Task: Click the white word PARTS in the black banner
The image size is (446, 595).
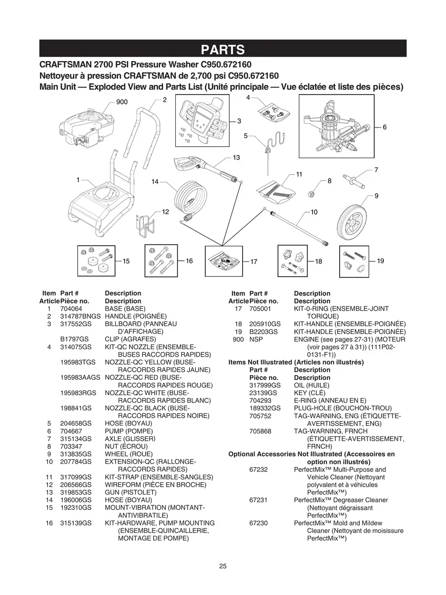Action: point(223,50)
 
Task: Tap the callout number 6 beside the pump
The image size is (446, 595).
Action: point(384,127)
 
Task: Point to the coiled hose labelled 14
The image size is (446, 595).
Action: point(191,199)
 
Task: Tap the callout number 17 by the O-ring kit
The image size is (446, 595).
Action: point(254,262)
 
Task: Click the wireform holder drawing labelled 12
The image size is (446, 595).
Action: point(145,226)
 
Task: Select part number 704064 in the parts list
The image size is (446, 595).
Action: point(71,308)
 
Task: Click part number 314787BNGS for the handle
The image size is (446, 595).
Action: point(80,316)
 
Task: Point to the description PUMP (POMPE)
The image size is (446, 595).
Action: point(128,431)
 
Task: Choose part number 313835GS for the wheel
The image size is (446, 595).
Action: point(76,454)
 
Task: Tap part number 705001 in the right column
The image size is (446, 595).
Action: point(260,308)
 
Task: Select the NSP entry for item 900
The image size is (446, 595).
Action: point(256,339)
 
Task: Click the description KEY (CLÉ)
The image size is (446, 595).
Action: point(310,393)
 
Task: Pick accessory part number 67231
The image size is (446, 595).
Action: point(258,500)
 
